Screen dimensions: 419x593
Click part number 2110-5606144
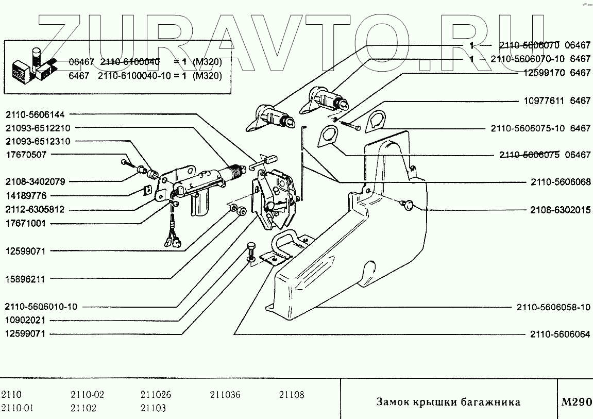pos(39,113)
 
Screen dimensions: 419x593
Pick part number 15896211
pos(26,279)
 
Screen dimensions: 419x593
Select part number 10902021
pos(26,320)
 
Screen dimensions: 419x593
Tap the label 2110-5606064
pos(561,334)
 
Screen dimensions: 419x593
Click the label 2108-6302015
pos(561,210)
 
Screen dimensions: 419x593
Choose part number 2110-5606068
pos(561,182)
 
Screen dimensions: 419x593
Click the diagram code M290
pos(576,402)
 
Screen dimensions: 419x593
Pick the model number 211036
pos(225,395)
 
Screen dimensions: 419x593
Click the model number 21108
pos(292,395)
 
